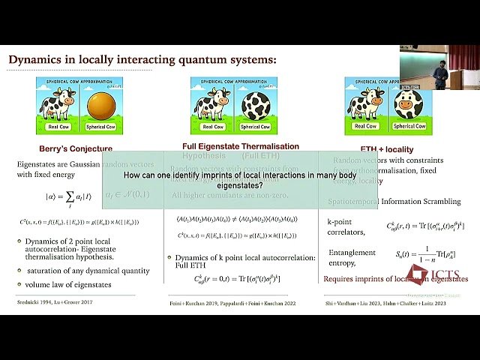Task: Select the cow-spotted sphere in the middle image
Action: [251, 105]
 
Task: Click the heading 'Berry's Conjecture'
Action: [76, 148]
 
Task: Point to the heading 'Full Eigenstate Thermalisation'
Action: [241, 146]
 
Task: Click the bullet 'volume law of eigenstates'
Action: [70, 284]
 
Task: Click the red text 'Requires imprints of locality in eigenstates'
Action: [395, 279]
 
